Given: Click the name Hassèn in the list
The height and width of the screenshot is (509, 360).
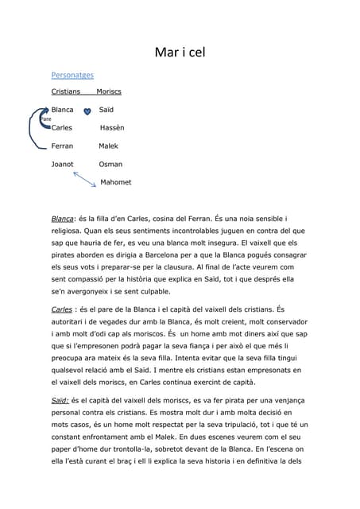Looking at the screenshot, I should click(112, 127).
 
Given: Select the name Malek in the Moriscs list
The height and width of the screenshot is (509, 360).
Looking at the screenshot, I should click(108, 146).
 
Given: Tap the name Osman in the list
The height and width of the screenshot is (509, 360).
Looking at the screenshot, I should click(110, 164).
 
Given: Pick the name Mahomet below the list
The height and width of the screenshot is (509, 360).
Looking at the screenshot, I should click(116, 182).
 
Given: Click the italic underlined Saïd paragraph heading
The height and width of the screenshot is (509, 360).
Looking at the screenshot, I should click(59, 402).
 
